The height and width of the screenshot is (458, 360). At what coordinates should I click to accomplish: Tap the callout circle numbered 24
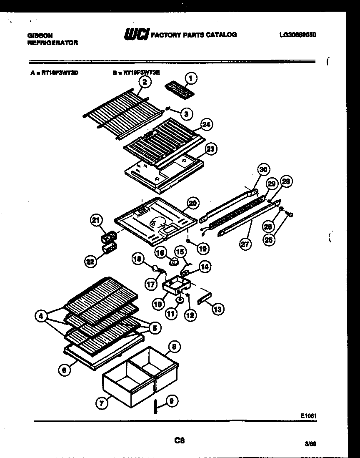point(205,124)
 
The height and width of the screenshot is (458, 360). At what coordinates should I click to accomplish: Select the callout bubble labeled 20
point(192,203)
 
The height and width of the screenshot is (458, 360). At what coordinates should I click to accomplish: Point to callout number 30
point(263,170)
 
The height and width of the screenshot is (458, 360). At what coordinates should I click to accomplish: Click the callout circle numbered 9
point(172,401)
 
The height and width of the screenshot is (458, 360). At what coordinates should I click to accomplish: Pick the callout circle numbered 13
point(217,309)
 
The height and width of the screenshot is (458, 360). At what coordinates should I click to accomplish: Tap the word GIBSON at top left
point(40,36)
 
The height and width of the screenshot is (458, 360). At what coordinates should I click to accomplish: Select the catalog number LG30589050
point(297,35)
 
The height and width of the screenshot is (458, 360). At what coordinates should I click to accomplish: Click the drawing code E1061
point(309,415)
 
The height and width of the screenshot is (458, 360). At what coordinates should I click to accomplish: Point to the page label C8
point(180,440)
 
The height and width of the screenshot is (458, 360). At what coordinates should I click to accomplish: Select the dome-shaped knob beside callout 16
point(174,262)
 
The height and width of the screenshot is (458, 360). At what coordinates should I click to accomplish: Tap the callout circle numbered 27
point(245,244)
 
